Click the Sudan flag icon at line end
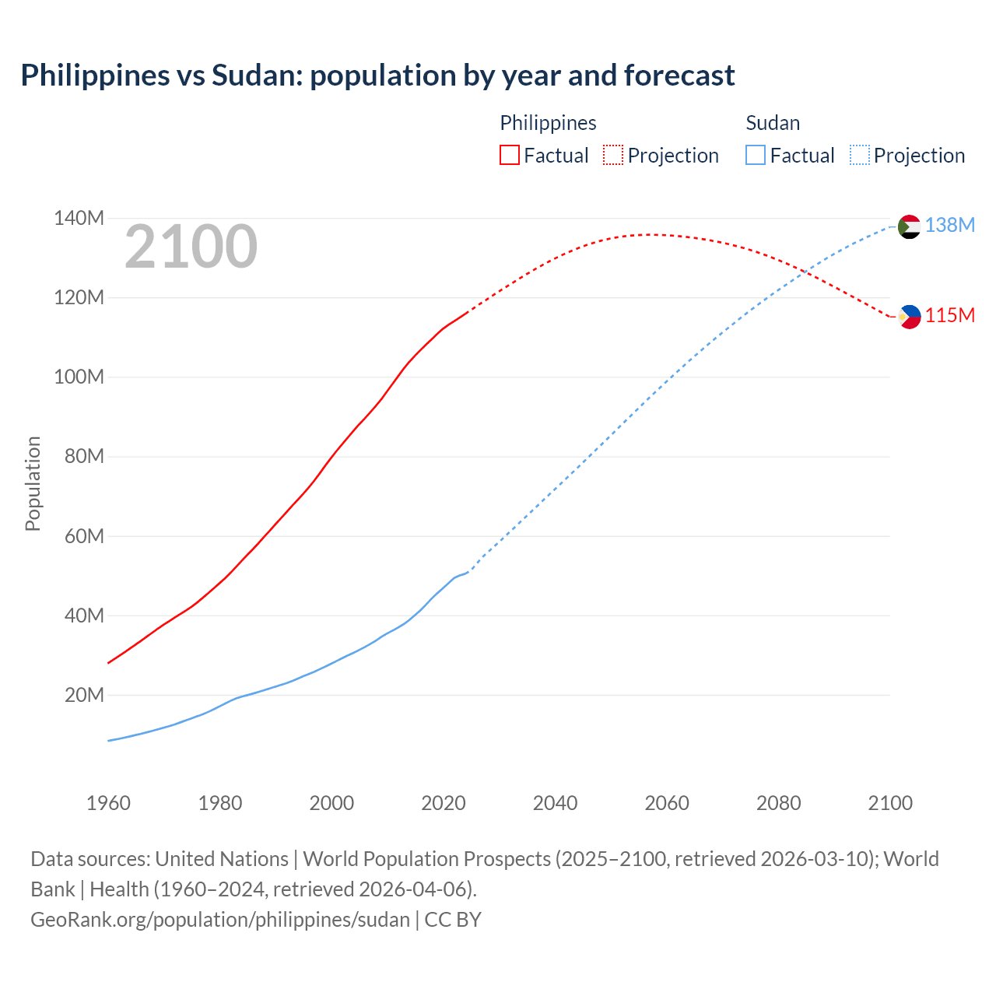pyautogui.click(x=909, y=226)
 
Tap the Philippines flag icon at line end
pyautogui.click(x=909, y=317)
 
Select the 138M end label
pyautogui.click(x=949, y=226)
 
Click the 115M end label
pyautogui.click(x=949, y=316)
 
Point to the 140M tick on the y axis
pyautogui.click(x=79, y=219)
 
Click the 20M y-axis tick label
pyautogui.click(x=84, y=695)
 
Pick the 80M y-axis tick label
pyautogui.click(x=84, y=457)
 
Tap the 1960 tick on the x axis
pyautogui.click(x=108, y=803)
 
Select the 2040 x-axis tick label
pyautogui.click(x=555, y=803)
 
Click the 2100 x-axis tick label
pyautogui.click(x=890, y=803)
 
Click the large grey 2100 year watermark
pyautogui.click(x=191, y=247)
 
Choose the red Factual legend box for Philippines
pyautogui.click(x=510, y=155)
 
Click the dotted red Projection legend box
pyautogui.click(x=613, y=155)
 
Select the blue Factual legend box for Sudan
pyautogui.click(x=756, y=155)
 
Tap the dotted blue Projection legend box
pyautogui.click(x=859, y=155)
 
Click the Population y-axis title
pyautogui.click(x=33, y=483)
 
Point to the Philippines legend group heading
pyautogui.click(x=548, y=123)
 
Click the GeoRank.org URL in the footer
pyautogui.click(x=220, y=920)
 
